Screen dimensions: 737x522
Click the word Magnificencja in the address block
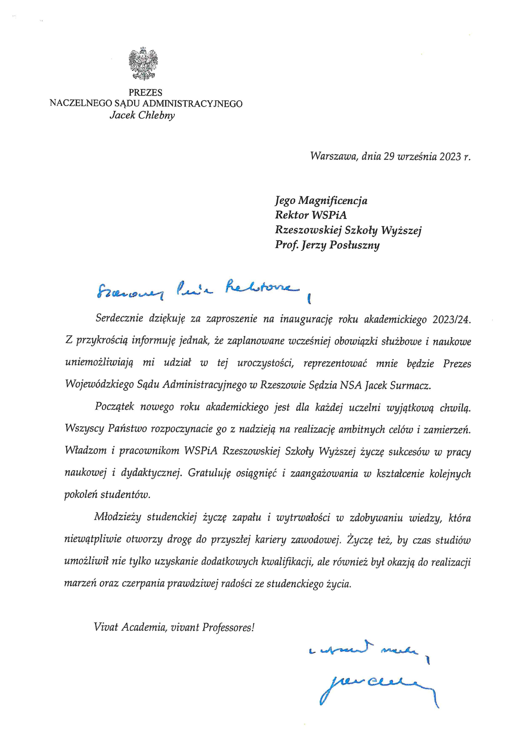click(x=333, y=201)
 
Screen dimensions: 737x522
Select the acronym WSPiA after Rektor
click(x=329, y=215)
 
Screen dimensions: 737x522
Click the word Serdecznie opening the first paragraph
click(x=119, y=319)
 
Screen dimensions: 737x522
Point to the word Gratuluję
click(x=209, y=473)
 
